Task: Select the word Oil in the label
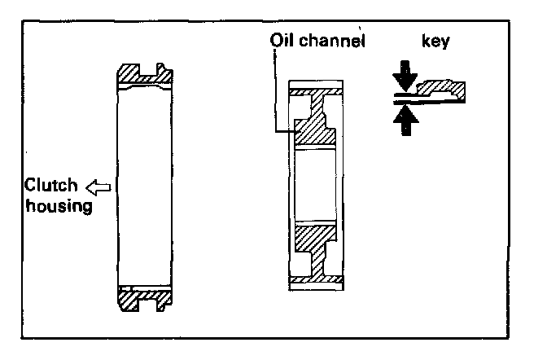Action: pyautogui.click(x=282, y=38)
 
